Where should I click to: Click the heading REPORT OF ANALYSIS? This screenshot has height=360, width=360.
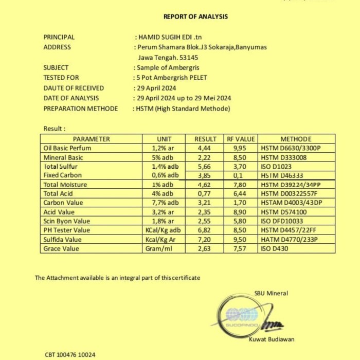195,16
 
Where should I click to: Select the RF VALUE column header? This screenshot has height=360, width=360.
241,139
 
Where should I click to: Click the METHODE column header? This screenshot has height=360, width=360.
296,139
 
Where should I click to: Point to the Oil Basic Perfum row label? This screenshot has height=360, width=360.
67,148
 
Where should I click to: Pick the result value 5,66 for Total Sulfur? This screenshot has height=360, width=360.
205,166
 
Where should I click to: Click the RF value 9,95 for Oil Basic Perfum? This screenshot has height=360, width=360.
241,148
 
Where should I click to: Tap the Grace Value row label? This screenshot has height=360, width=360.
62,248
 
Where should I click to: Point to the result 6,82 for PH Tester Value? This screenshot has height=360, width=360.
205,230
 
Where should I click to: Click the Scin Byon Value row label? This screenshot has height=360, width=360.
67,221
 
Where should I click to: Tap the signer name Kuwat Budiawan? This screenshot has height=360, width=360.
272,339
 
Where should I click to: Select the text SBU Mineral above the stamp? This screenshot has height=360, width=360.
271,293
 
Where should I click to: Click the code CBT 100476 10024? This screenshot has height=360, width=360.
70,355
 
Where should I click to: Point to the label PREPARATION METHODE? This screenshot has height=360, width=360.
81,109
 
